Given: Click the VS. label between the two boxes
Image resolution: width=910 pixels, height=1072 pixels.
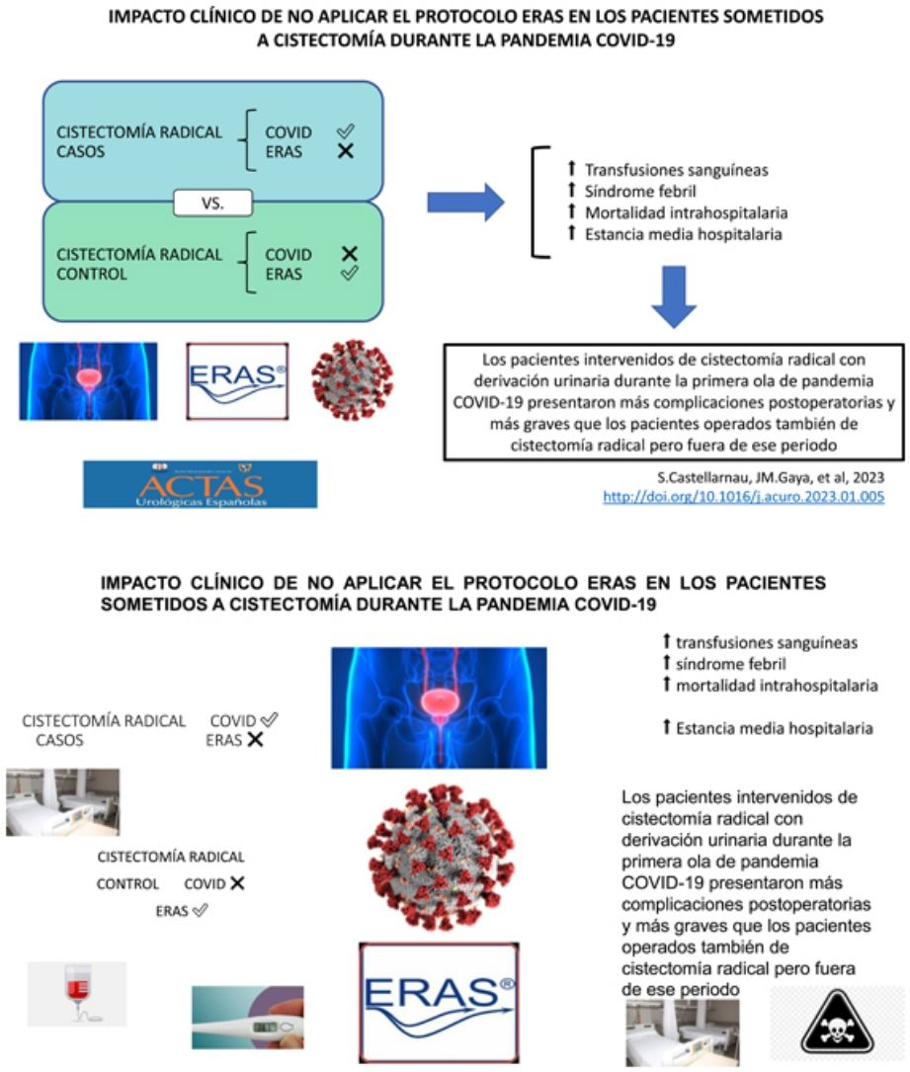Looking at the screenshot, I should tap(211, 205).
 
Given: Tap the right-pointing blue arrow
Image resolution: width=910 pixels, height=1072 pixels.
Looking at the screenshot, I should tap(465, 203).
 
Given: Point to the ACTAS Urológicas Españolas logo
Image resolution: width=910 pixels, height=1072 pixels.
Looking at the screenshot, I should tap(201, 484).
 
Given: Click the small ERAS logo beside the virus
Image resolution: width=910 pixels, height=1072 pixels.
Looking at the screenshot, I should tap(237, 381).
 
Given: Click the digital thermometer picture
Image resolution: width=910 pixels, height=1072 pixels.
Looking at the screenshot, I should tap(248, 1017).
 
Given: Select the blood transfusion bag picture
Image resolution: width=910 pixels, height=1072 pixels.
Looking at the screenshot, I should tap(77, 992).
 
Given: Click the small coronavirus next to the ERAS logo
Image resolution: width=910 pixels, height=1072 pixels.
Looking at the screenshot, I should tap(352, 381).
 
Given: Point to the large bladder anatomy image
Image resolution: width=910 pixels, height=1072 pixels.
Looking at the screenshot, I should tap(439, 707).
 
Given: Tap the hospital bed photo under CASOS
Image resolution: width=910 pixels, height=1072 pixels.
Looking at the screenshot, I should tap(62, 802).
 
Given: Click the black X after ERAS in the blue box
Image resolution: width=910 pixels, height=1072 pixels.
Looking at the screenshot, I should tap(346, 152).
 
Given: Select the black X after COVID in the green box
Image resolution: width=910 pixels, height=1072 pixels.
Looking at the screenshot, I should tap(348, 254).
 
